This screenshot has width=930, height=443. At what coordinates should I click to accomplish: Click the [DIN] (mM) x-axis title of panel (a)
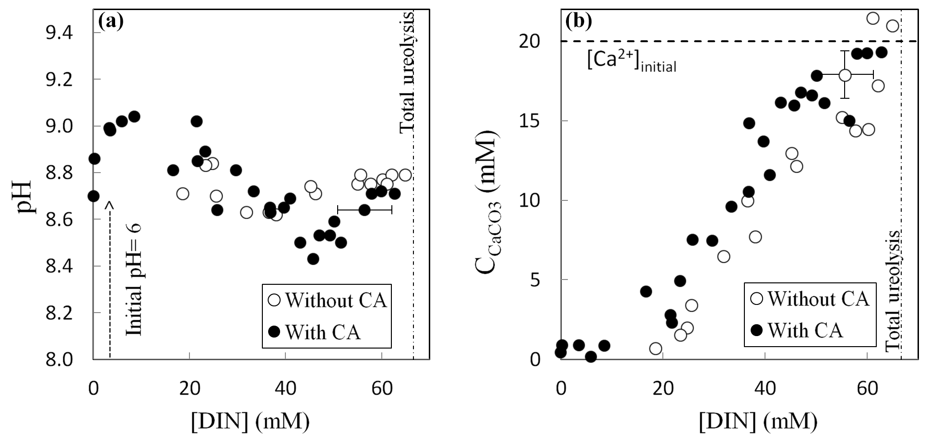[x=250, y=421]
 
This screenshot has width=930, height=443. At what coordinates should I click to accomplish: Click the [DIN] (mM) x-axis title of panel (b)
[x=758, y=421]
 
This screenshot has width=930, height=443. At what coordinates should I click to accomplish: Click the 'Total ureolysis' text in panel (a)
[x=407, y=72]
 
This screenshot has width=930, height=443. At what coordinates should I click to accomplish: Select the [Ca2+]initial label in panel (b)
[x=631, y=61]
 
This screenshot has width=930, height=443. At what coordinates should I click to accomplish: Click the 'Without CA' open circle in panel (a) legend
[x=275, y=301]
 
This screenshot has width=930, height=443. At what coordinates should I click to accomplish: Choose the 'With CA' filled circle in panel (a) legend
[x=275, y=332]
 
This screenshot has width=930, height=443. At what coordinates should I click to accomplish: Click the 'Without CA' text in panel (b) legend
[x=818, y=299]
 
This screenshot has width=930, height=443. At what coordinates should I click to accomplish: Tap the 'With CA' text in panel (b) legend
[x=805, y=330]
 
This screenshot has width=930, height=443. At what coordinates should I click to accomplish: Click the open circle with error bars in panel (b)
[x=845, y=75]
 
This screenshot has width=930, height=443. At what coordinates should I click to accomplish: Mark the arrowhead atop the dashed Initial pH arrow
[x=110, y=205]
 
